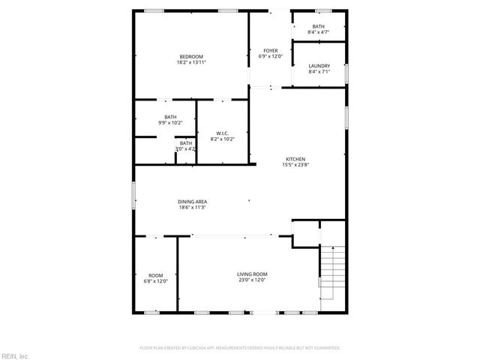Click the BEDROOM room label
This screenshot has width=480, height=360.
[x=190, y=57]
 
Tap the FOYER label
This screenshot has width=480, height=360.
[x=269, y=50]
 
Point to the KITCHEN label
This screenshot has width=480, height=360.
[x=295, y=159]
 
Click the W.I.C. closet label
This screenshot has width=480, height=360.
[x=223, y=133]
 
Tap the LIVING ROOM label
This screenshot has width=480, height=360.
[x=252, y=274]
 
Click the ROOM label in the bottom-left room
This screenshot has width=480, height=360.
[x=155, y=275]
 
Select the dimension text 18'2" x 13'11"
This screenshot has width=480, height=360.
[x=190, y=63]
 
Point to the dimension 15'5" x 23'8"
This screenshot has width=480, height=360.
[x=295, y=165]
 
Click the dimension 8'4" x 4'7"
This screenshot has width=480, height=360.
[x=319, y=32]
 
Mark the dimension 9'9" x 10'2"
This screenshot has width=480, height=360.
[x=170, y=121]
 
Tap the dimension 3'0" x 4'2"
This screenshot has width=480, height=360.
[x=185, y=149]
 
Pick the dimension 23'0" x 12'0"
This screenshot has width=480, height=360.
[x=252, y=280]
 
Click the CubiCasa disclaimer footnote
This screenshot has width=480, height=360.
[x=240, y=348]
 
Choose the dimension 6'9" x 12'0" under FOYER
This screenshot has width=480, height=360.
[x=269, y=56]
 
